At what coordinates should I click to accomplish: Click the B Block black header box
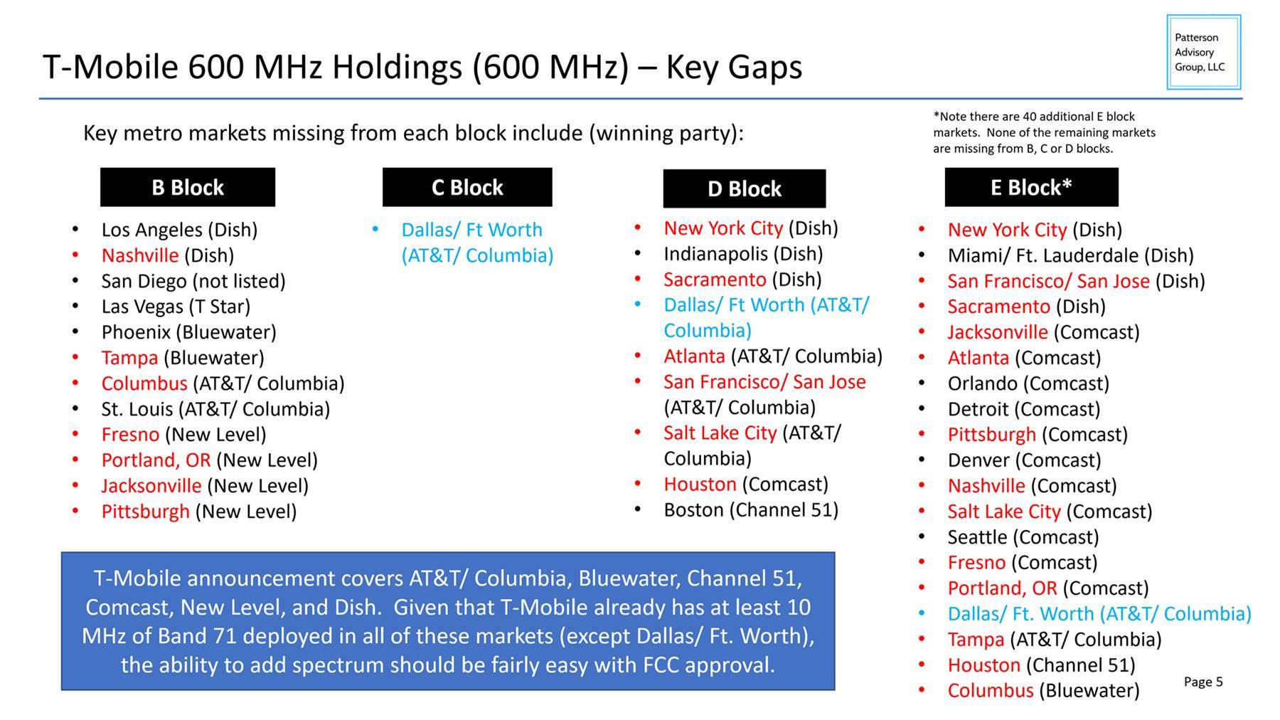coord(188,187)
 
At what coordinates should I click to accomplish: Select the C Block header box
coord(467,187)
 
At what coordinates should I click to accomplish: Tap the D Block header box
coord(745,189)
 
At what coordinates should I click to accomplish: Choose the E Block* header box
coord(1031,187)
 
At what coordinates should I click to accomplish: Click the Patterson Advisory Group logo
coord(1204,52)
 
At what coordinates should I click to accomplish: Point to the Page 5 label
coord(1203,682)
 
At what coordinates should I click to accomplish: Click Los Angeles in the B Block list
coord(151,230)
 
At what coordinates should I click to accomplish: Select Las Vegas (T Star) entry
coord(176,307)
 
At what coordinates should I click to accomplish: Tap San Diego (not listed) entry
coord(193,281)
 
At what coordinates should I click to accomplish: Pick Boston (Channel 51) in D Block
coord(751,510)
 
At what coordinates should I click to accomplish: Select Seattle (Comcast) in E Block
coord(1023,537)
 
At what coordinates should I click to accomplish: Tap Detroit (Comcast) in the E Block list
coord(1024,409)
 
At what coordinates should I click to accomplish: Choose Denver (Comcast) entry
coord(1024,460)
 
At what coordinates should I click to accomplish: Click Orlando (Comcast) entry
coord(1028,383)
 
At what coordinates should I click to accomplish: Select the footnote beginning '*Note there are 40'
coord(1044,132)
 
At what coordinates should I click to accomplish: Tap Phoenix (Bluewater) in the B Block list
coord(188,332)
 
